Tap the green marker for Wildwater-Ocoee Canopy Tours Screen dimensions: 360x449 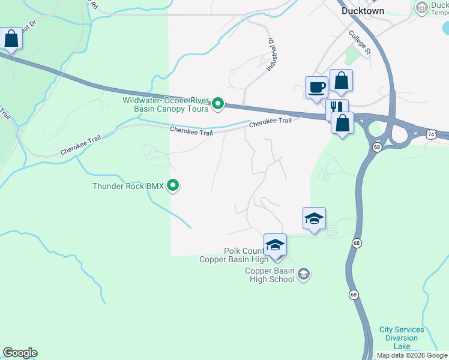[218, 105]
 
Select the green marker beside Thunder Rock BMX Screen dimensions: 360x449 [173, 186]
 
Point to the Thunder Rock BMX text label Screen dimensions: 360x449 [128, 186]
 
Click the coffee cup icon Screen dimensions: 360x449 [316, 87]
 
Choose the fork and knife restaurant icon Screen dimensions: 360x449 [337, 109]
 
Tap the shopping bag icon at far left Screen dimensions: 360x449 [11, 39]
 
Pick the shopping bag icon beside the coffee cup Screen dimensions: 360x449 [341, 80]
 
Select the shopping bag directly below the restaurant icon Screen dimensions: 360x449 [342, 124]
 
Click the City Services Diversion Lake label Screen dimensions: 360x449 [402, 338]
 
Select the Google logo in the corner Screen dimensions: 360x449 [19, 353]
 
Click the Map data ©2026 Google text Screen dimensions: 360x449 [412, 355]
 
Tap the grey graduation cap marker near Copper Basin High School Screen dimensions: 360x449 [303, 274]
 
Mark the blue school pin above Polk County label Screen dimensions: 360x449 [275, 245]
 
